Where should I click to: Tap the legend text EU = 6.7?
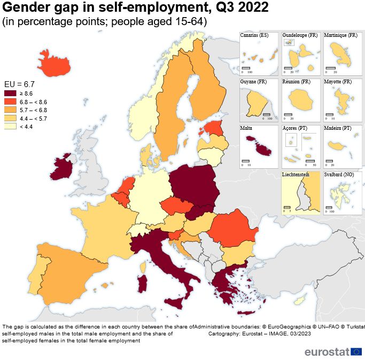coord(19,84)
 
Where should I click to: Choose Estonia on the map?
coord(214,128)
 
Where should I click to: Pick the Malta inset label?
coord(246,129)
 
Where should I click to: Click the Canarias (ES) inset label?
coord(254,35)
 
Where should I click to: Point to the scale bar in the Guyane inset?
coord(267,115)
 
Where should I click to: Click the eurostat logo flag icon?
coord(356,351)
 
